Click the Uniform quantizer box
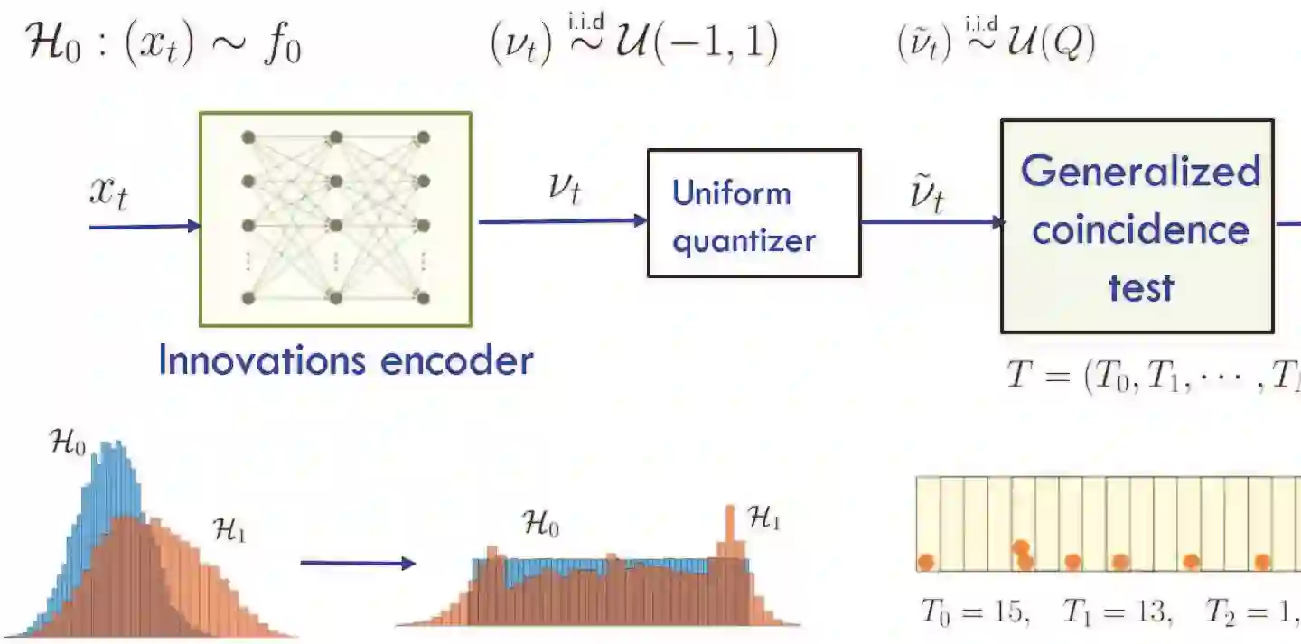753,213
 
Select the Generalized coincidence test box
1137,226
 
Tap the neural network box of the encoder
335,219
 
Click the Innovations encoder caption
345,360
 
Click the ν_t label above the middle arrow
564,190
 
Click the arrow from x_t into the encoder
145,226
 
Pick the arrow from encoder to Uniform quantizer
560,220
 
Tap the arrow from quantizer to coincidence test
931,221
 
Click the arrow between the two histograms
357,564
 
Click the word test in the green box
1140,287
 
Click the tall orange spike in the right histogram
730,533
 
